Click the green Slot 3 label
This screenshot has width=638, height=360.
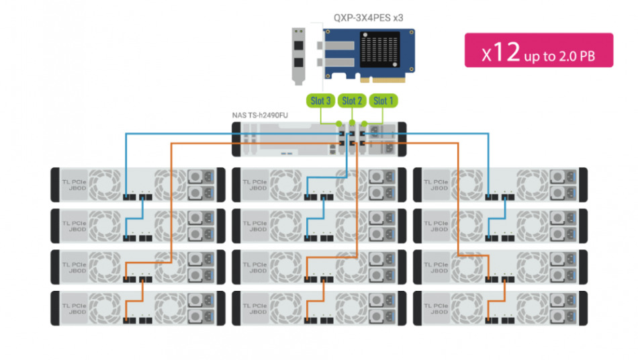[321, 101]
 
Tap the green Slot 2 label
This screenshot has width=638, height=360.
[353, 101]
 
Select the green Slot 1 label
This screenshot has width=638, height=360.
[383, 101]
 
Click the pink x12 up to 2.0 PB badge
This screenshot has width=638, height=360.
[539, 50]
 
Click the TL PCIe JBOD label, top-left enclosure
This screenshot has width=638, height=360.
[73, 185]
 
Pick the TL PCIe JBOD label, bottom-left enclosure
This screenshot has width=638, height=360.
[73, 308]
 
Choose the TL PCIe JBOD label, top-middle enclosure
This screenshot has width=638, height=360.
[253, 185]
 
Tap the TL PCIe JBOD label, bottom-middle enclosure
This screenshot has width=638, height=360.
[253, 308]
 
